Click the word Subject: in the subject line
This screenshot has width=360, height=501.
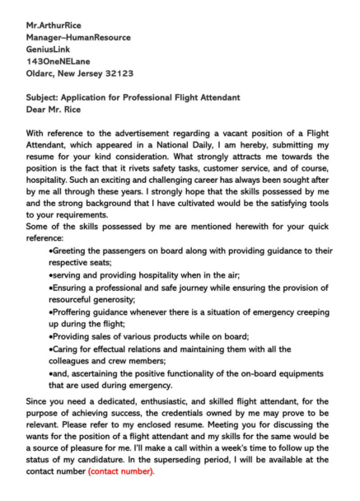pyautogui.click(x=45, y=97)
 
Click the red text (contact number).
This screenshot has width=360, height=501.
pyautogui.click(x=120, y=472)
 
